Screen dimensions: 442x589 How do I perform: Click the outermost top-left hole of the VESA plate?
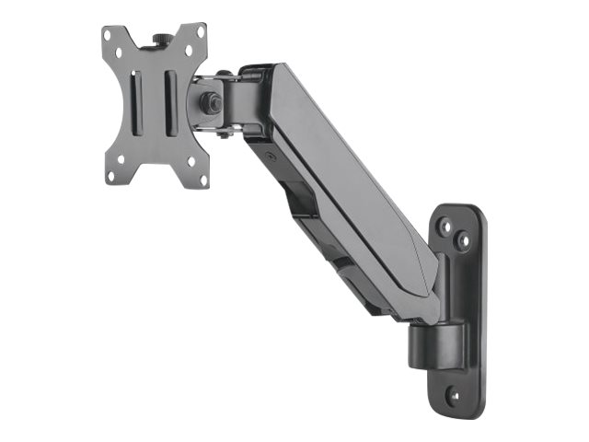pyautogui.click(x=108, y=34)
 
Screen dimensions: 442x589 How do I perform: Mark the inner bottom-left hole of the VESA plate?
pyautogui.click(x=121, y=159)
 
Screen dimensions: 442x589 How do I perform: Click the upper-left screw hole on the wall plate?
pyautogui.click(x=445, y=224)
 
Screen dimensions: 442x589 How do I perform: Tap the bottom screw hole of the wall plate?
pyautogui.click(x=453, y=395)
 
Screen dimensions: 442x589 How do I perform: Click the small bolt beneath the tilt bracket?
pyautogui.click(x=223, y=134)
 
